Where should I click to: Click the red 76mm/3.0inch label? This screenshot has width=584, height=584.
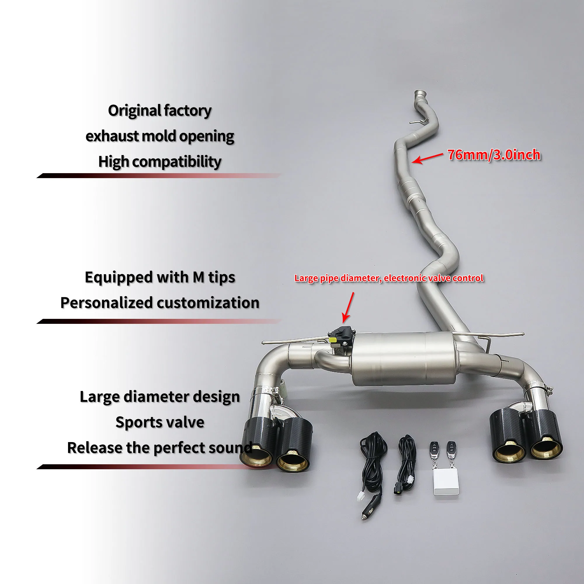point(494,155)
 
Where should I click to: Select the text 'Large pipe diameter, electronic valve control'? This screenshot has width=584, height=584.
point(389,278)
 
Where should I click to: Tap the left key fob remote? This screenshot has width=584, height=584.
point(434,448)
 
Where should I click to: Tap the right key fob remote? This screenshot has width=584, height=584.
point(452,448)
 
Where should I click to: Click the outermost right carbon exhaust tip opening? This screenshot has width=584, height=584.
point(546,453)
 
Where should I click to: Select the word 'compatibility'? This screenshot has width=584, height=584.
point(177,162)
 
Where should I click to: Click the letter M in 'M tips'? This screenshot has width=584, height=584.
point(199,277)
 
